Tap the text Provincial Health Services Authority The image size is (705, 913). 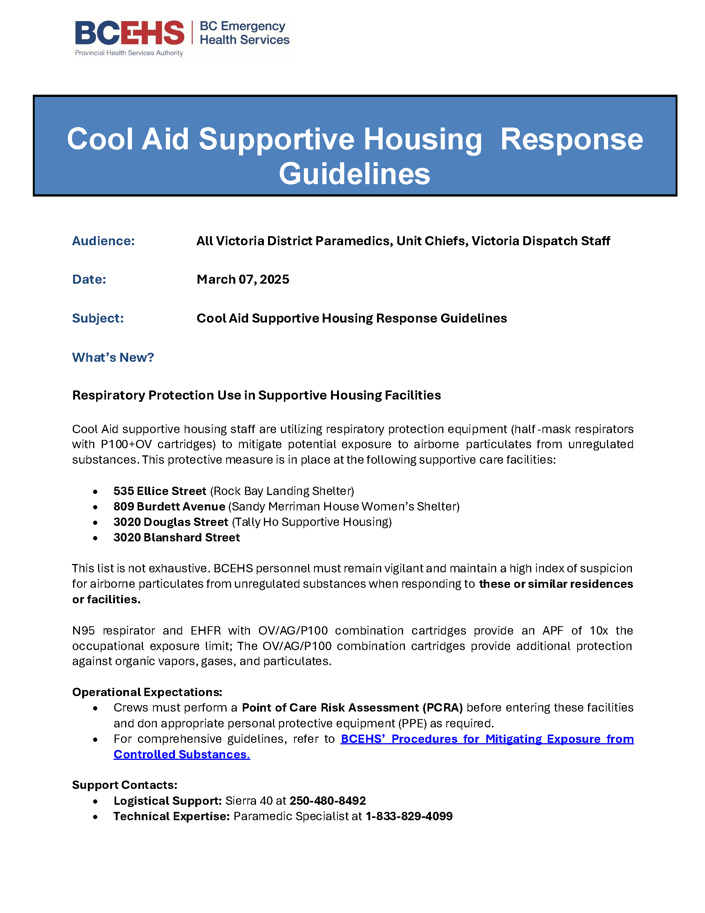(129, 53)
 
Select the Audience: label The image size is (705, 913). (103, 241)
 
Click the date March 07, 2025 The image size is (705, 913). (243, 279)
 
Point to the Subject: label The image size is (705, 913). (98, 318)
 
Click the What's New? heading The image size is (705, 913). (113, 357)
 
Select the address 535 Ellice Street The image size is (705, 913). (159, 491)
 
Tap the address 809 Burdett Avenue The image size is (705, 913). (169, 506)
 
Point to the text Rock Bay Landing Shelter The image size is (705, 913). (282, 491)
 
